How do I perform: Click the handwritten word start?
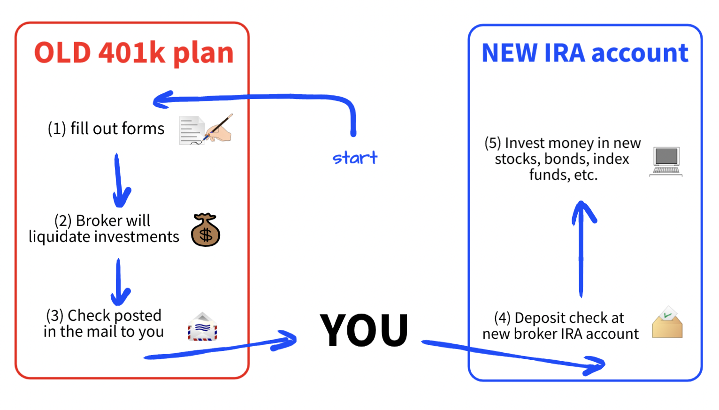click(x=355, y=158)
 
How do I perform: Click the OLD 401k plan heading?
click(x=134, y=53)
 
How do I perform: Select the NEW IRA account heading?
click(x=585, y=53)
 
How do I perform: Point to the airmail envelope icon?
click(x=202, y=327)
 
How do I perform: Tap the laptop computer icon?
click(x=666, y=161)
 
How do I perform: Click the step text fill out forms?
click(x=106, y=129)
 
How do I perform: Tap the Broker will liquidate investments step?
click(x=104, y=229)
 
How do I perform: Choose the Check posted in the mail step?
click(x=104, y=323)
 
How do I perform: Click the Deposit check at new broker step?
click(x=560, y=326)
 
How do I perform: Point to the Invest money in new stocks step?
click(x=563, y=159)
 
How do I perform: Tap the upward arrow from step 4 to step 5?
click(x=581, y=249)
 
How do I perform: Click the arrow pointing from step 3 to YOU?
click(x=221, y=349)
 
